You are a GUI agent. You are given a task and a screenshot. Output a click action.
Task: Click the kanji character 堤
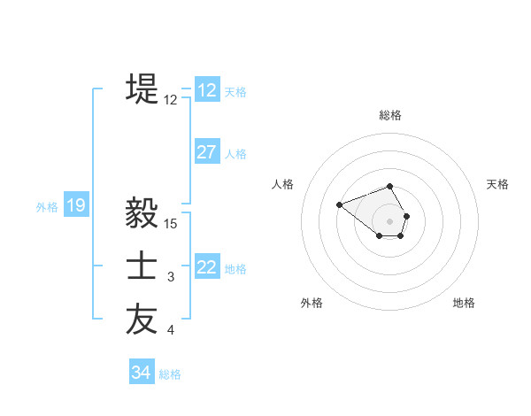point(142,89)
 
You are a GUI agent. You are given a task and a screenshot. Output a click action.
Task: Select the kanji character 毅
point(142,213)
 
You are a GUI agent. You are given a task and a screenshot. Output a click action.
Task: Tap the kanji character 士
point(142,267)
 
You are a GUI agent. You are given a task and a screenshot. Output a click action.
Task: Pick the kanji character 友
point(142,320)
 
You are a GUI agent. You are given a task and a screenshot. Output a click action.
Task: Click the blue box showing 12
point(207,90)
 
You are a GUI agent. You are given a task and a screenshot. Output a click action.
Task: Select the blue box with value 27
point(207,152)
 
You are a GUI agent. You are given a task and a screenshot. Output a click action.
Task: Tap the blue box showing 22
point(207,267)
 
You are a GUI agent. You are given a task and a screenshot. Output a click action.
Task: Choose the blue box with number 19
point(76,206)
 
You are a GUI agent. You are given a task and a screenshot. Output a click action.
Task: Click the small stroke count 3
point(171,278)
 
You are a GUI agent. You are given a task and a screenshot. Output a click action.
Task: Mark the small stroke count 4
point(171,331)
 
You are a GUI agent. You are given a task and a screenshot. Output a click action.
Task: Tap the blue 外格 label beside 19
point(47,207)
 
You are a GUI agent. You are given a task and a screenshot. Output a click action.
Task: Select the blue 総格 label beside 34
point(170,374)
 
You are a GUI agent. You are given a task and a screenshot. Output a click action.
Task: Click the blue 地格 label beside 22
point(235,268)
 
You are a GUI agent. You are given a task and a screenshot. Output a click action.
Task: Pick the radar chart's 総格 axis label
point(390,115)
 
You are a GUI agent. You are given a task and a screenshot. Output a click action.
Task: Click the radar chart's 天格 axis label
point(498,184)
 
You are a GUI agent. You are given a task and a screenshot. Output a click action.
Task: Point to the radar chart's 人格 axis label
point(283,184)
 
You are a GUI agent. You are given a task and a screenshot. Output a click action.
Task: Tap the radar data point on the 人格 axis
point(339,204)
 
